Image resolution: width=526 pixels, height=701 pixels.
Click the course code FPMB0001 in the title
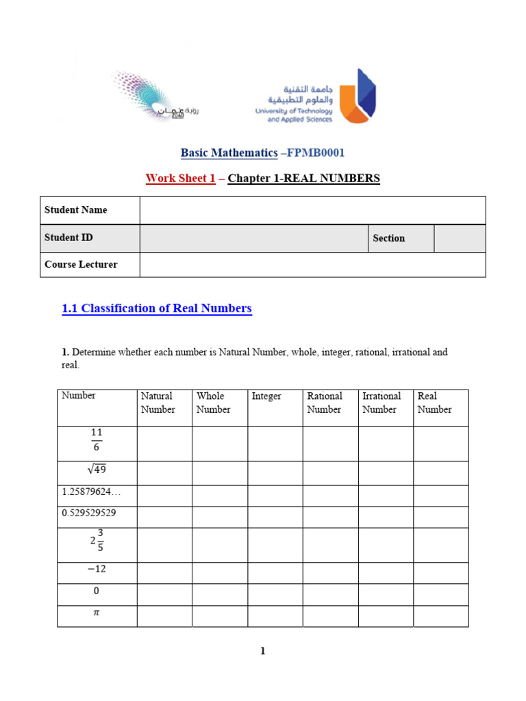[315, 152]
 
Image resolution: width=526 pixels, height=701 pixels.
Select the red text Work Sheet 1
[180, 179]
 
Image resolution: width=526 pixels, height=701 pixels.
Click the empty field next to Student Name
[312, 210]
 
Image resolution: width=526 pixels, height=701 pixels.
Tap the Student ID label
[68, 238]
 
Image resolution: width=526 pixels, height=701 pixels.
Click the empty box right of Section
[460, 238]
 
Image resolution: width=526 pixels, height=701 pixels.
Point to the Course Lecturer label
[81, 264]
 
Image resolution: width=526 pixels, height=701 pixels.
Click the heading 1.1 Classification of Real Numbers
[157, 308]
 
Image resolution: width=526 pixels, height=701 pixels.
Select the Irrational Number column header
[381, 403]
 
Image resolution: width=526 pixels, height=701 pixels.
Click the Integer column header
[266, 396]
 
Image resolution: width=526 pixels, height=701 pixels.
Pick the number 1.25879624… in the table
[90, 492]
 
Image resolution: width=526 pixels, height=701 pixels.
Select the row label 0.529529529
[89, 513]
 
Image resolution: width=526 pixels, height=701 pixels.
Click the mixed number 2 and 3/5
[97, 540]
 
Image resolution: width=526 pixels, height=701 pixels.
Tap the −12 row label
[96, 570]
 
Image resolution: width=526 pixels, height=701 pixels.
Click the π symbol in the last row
[96, 613]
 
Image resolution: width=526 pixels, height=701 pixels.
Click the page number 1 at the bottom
[262, 651]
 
